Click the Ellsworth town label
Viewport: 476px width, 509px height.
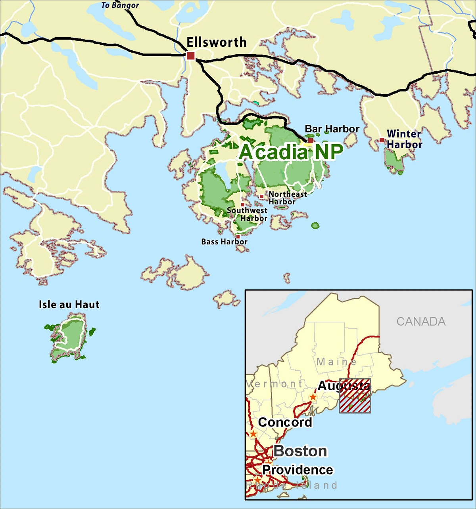coord(217,42)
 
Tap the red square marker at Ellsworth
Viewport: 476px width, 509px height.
coord(191,55)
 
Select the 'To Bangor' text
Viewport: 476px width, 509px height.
coord(120,5)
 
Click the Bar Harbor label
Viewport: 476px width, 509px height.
coord(332,129)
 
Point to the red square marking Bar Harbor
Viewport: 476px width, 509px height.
coord(311,140)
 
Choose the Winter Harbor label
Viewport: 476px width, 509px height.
coord(404,139)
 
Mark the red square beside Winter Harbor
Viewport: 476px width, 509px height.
coord(382,140)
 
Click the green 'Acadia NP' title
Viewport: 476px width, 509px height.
coord(291,152)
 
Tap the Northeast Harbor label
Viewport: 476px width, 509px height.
coord(288,198)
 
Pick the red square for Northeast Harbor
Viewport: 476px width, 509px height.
coord(261,196)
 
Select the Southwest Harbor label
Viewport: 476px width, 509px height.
coord(247,214)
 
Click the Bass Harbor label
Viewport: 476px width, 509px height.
coord(224,242)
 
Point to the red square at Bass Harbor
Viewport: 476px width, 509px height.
coord(238,236)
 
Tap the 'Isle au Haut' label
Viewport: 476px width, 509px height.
coord(69,305)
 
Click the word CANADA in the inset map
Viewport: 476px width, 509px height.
coord(421,321)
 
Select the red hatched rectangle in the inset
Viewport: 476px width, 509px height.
coord(355,397)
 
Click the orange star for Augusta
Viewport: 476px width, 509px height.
coord(313,397)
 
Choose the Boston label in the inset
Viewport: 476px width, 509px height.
coord(300,451)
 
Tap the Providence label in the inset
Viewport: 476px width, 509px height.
coord(297,470)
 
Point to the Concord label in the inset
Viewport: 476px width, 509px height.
coord(285,422)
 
